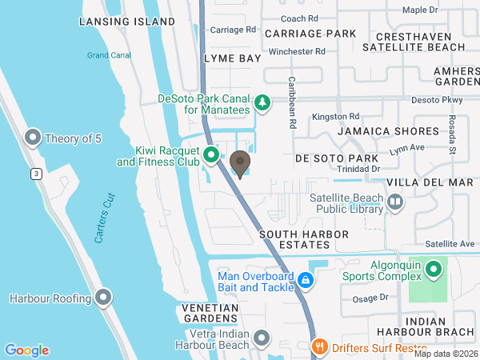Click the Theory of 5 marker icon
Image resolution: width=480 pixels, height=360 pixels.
coord(34,138)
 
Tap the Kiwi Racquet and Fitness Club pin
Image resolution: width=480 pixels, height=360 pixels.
coord(211,154)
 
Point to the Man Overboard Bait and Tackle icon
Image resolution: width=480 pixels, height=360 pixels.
coord(306,281)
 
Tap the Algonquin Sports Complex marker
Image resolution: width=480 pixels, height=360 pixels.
coord(434,269)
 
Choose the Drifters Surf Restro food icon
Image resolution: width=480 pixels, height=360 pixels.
coord(318,346)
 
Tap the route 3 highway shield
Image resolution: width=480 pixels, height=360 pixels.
coord(36,174)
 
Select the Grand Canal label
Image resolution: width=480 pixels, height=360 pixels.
coord(109,55)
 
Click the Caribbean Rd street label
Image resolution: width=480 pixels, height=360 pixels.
coord(292,103)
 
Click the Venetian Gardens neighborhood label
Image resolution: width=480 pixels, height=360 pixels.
coord(210,314)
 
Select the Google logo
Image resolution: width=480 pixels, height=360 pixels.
coord(27,350)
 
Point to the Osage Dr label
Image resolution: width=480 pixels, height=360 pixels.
coord(372,297)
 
